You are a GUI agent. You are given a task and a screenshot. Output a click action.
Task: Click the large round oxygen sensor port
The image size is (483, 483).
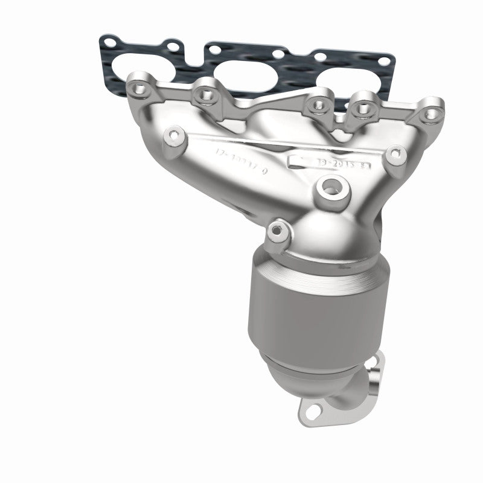click(330, 188)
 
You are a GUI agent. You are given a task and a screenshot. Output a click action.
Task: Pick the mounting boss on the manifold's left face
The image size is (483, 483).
click(175, 134)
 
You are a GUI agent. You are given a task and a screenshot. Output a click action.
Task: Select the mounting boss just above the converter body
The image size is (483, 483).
click(277, 229)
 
